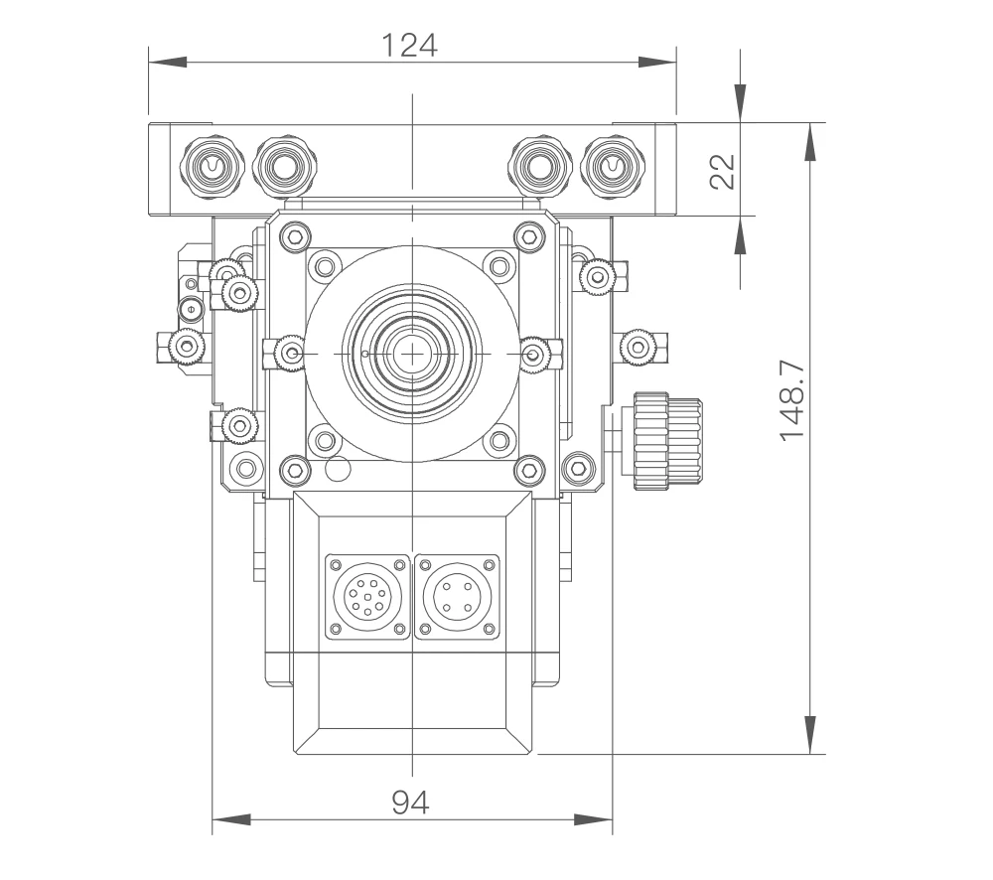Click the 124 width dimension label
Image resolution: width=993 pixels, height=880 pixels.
(409, 45)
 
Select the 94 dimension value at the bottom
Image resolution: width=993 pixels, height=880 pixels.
(410, 803)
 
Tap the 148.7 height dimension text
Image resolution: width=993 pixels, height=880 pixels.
(791, 400)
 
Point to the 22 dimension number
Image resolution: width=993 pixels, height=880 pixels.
(722, 171)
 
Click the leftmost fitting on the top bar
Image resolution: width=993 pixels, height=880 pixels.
(213, 166)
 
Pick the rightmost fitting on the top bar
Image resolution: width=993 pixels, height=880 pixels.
(612, 166)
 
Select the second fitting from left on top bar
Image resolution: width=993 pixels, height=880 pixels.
(285, 166)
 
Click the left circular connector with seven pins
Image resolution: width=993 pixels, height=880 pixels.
(367, 597)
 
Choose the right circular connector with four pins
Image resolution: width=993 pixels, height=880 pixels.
(457, 597)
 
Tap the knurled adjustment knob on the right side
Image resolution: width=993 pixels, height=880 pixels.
(667, 440)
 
